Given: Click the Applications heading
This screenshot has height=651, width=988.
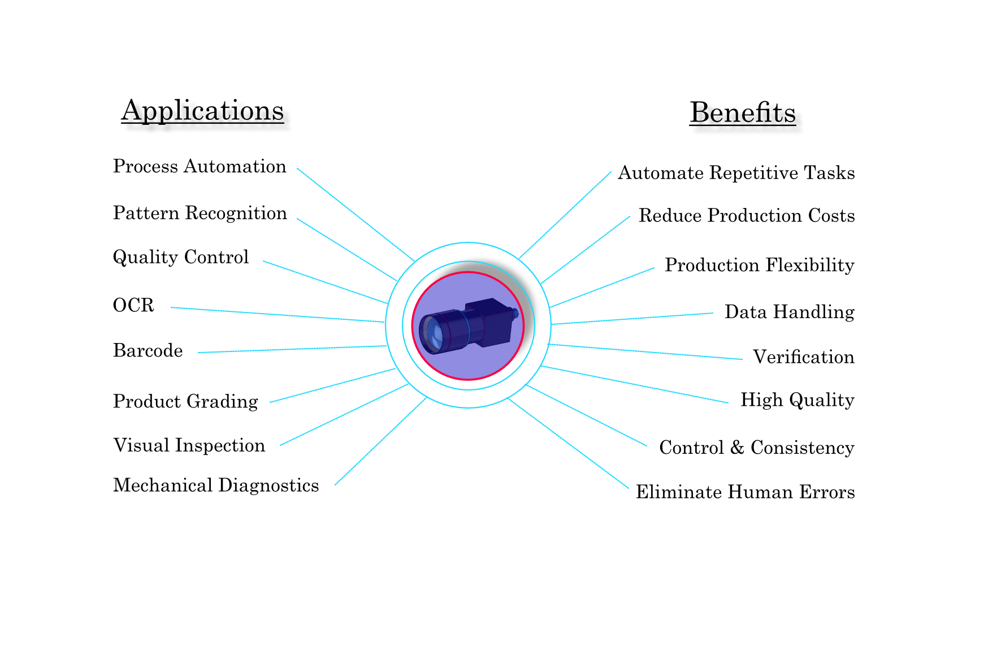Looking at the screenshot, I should [x=202, y=111].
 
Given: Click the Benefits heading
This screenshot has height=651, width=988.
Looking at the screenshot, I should [x=742, y=112].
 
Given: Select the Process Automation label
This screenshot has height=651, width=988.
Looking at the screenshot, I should [x=200, y=167].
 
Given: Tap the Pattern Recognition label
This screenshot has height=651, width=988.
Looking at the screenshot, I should [x=200, y=213].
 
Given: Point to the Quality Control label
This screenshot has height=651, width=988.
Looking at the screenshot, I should [x=181, y=257].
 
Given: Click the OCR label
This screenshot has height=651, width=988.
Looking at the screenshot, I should [x=133, y=305].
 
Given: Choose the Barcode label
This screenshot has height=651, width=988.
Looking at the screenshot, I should [x=148, y=351].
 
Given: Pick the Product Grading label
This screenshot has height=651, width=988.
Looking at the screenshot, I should [x=185, y=401].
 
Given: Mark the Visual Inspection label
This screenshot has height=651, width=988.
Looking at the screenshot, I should [x=189, y=445].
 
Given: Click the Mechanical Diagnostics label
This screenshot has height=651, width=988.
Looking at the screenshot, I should [x=216, y=485].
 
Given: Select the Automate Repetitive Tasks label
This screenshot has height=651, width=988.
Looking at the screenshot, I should [x=736, y=173].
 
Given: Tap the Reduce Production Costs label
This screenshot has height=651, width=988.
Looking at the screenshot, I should [x=746, y=216].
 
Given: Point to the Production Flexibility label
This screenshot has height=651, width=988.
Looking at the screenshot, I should [x=759, y=265].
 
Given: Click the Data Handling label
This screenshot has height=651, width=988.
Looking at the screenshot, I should [x=789, y=312].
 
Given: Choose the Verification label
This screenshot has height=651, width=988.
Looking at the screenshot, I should [x=803, y=357].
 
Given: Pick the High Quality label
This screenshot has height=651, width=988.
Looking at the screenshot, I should [x=797, y=400].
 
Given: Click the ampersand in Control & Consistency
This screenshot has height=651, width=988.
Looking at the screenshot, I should [x=736, y=448].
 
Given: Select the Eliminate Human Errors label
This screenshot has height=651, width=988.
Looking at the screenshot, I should [x=745, y=492].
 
